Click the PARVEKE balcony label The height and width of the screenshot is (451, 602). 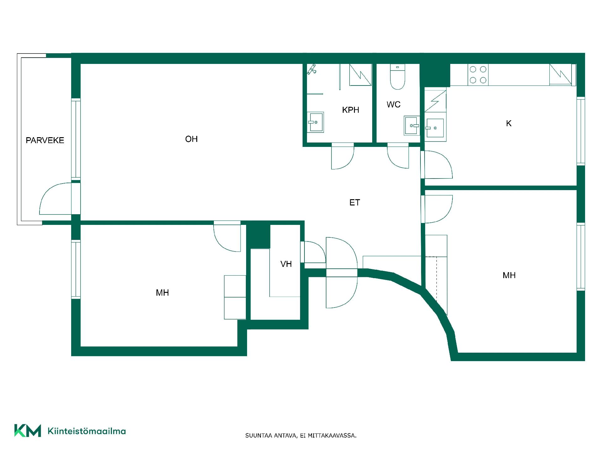point(45,140)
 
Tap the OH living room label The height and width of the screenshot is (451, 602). point(191,139)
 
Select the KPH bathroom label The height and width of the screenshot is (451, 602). point(351,110)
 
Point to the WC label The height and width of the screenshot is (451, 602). point(393,105)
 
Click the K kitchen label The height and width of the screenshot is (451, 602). point(509,123)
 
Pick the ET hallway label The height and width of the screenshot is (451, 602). point(355,203)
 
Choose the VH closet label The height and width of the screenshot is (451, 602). point(286,264)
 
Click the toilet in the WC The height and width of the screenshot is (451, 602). point(397,77)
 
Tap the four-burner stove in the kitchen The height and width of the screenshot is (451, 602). point(478,75)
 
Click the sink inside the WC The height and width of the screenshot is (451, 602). point(412,126)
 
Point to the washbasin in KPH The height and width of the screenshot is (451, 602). point(315,122)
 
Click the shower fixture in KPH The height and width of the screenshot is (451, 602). point(311,69)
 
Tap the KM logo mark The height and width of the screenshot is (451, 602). point(28,431)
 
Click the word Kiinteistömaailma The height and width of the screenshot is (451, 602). point(87,431)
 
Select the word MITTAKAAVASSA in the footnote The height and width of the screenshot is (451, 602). point(332,435)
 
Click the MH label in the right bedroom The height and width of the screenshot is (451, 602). point(509,275)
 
